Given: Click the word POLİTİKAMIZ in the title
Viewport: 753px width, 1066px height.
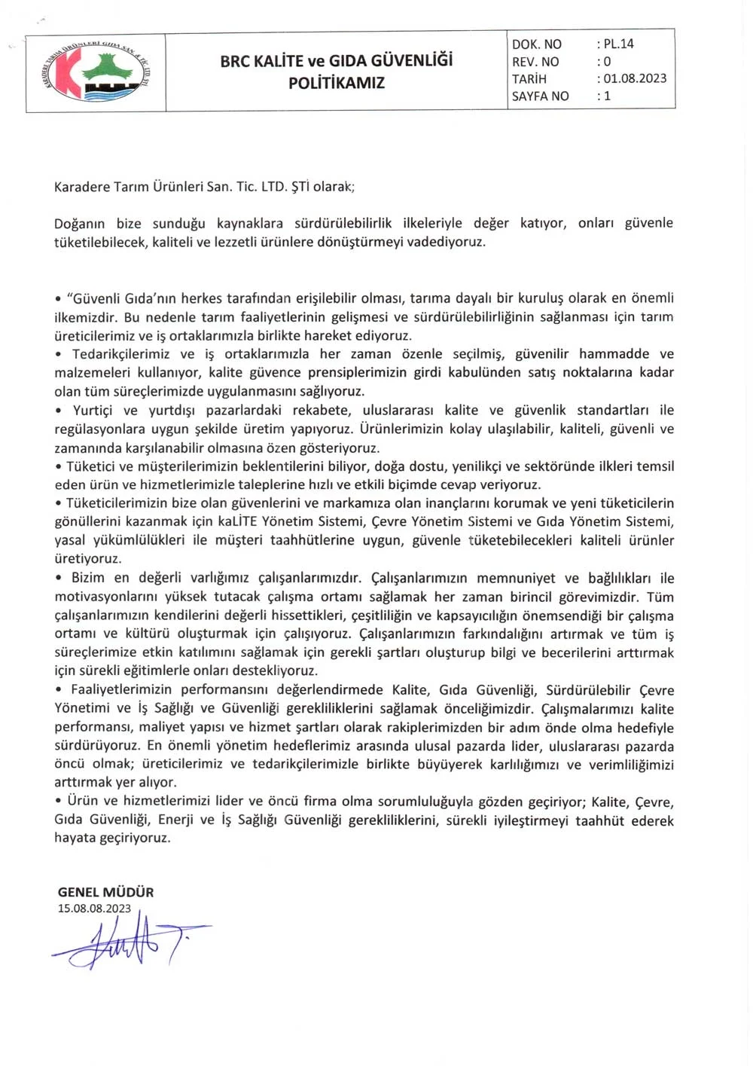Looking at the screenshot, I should [x=337, y=83].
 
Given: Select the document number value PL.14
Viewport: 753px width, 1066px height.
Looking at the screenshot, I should [x=619, y=44].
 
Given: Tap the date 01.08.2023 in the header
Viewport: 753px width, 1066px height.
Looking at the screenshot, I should [x=635, y=78].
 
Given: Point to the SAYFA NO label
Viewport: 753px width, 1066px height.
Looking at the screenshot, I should [x=540, y=96].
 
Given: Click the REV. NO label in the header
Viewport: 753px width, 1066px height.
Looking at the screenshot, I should [x=535, y=62].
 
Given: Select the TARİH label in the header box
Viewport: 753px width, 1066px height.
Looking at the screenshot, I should [x=529, y=79].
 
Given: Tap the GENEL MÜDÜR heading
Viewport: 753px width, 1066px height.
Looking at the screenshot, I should [x=105, y=892].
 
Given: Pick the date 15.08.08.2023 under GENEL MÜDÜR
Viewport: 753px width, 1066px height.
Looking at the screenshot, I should [x=94, y=909].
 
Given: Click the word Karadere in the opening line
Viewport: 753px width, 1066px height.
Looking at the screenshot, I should [x=82, y=186].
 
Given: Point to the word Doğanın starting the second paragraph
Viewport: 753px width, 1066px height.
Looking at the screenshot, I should [x=79, y=223].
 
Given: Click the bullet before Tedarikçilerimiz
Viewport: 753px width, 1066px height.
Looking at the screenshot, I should [x=58, y=354].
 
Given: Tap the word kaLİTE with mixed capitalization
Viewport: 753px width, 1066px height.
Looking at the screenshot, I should [x=238, y=521].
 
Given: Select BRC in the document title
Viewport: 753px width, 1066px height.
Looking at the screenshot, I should [x=234, y=61].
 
